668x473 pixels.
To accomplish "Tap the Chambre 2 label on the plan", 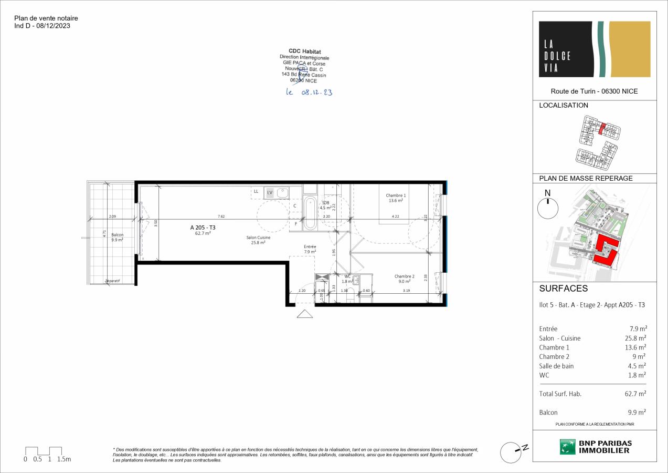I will [405, 276].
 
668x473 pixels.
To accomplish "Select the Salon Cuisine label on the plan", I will [258, 238].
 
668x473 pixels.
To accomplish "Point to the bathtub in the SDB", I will [310, 213].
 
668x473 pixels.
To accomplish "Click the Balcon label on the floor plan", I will [117, 235].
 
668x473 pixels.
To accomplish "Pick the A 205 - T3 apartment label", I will [203, 228].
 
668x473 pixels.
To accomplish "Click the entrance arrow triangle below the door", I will [304, 314].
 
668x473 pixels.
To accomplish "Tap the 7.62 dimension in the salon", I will [221, 217].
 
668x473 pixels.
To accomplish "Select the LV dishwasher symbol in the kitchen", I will [270, 192].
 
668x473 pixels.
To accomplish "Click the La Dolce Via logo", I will [595, 49].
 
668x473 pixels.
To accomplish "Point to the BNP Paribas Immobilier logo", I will [595, 447].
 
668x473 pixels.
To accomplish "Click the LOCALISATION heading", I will [564, 105].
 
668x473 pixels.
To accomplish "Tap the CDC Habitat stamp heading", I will [305, 51].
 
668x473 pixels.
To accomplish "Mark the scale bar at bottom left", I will [44, 451].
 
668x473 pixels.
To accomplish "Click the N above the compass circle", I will [548, 192].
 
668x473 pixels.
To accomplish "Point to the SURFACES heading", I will [563, 289].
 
